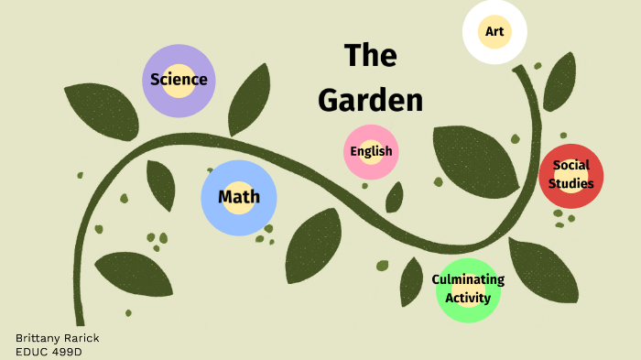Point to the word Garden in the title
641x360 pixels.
(370, 100)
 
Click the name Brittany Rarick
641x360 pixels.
(57, 338)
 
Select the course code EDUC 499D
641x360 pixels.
(49, 351)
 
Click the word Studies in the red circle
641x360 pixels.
(571, 183)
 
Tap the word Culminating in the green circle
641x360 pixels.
(468, 279)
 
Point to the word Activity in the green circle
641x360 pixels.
(468, 298)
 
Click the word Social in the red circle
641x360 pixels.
(570, 166)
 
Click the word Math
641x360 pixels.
(238, 197)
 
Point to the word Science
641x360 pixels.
(179, 80)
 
